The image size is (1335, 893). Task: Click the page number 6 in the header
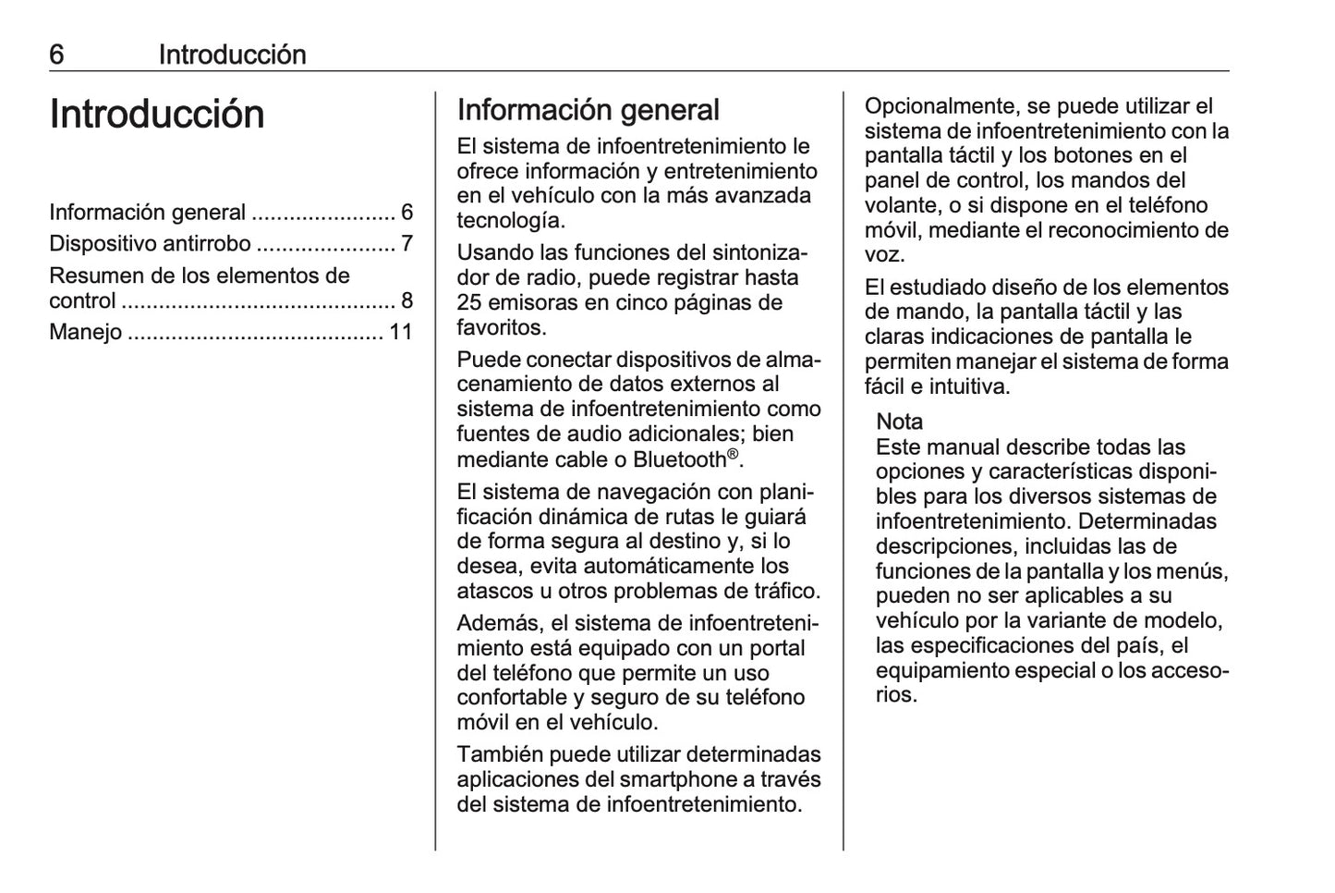(x=56, y=55)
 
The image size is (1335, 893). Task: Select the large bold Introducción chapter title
(x=157, y=114)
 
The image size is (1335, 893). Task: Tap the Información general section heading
(x=588, y=110)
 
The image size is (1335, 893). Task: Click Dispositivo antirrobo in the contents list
(x=150, y=244)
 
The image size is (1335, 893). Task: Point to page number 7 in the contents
(x=407, y=244)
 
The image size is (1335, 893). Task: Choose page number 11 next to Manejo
(x=400, y=332)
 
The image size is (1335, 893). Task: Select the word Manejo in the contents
(x=85, y=332)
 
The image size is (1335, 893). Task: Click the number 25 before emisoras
(x=470, y=302)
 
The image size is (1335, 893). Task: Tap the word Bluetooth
(x=679, y=459)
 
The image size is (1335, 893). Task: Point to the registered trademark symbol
(x=733, y=454)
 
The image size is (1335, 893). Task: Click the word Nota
(x=899, y=422)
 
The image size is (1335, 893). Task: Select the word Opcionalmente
(x=941, y=106)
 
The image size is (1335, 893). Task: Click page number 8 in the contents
(x=407, y=300)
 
